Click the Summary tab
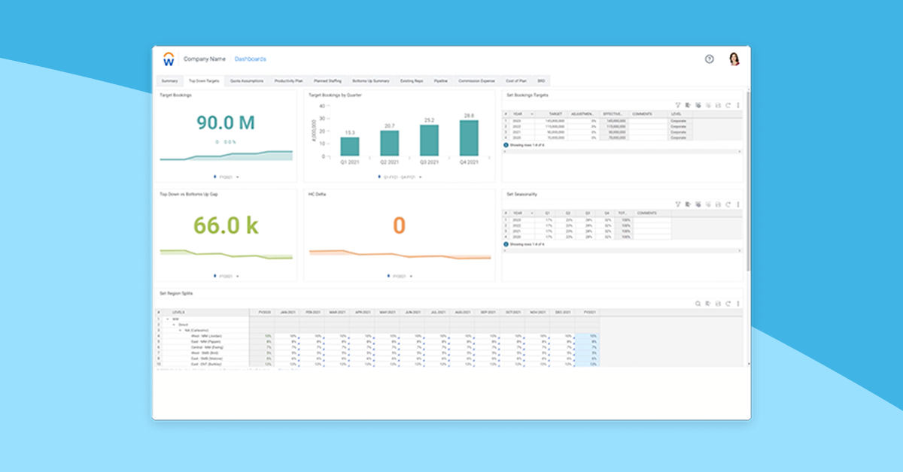tap(169, 80)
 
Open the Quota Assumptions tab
tap(247, 80)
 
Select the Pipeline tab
tap(441, 80)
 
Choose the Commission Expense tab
tap(477, 80)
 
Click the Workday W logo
tap(169, 59)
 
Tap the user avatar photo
tap(734, 59)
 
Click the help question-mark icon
tap(709, 59)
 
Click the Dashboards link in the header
tap(251, 59)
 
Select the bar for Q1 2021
tap(350, 147)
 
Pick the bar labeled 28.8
tap(469, 138)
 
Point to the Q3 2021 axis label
tap(429, 162)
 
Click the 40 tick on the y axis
tap(322, 106)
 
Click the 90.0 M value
tap(226, 122)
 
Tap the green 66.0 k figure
tap(226, 225)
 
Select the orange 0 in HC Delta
tap(399, 225)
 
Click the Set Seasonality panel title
tap(521, 194)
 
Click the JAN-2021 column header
tap(287, 312)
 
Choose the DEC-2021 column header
tap(561, 312)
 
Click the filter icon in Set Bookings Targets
tap(677, 105)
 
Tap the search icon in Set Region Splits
tap(698, 304)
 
